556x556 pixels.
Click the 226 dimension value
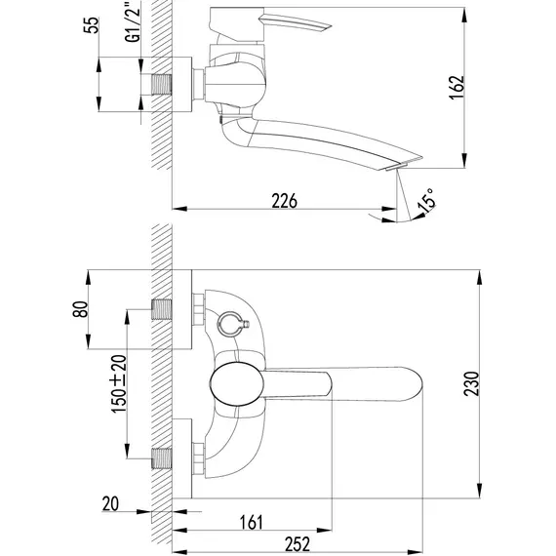(284, 201)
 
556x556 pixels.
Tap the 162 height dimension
(457, 88)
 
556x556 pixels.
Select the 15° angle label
(426, 201)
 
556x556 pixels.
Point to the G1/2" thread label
(133, 21)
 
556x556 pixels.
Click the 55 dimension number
(91, 24)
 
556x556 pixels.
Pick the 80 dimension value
(80, 309)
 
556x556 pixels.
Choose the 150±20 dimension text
(119, 383)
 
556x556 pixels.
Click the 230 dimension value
(471, 383)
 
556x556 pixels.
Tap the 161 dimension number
(252, 522)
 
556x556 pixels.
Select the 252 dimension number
(298, 544)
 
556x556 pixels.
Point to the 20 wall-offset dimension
(110, 504)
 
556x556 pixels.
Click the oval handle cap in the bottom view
(237, 383)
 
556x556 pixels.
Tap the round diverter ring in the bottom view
(227, 324)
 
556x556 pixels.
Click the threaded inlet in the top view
(162, 85)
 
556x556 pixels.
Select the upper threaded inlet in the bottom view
(162, 309)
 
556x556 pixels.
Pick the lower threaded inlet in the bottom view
(162, 458)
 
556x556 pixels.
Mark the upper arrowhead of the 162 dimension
(464, 14)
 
